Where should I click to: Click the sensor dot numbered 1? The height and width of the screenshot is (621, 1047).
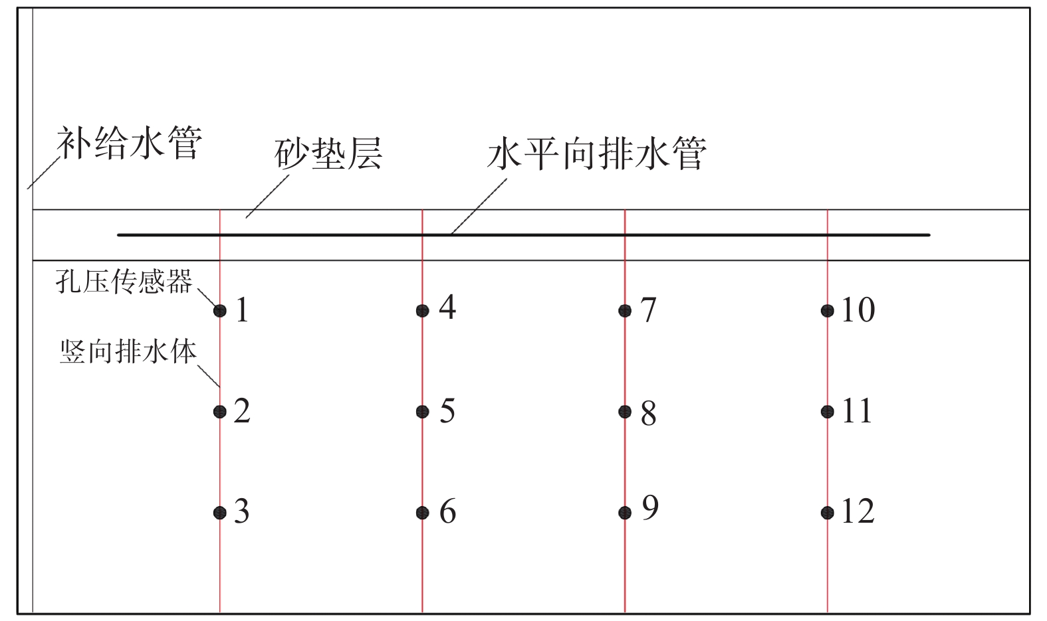(219, 311)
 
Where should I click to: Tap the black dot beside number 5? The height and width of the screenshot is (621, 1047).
(423, 412)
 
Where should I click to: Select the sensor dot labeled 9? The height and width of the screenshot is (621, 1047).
(625, 513)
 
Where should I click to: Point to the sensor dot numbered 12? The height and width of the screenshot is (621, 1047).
(828, 513)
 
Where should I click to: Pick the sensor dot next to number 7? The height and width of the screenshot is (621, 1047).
(625, 311)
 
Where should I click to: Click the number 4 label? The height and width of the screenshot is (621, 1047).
(447, 308)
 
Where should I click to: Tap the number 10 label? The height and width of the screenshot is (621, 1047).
(858, 310)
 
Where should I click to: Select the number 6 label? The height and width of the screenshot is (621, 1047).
(448, 511)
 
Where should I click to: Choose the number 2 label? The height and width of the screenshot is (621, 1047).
(242, 411)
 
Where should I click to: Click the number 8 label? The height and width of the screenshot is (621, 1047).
(648, 413)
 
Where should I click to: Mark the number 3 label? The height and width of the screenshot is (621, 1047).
(242, 511)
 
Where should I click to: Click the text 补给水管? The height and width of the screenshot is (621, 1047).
(130, 142)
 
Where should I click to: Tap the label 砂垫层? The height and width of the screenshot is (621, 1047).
(328, 153)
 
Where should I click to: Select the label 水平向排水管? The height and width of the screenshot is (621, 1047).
(597, 153)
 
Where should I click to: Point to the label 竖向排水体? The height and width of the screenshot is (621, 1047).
(128, 351)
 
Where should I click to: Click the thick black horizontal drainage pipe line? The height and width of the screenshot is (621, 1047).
(524, 235)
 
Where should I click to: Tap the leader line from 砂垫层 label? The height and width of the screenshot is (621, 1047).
(268, 197)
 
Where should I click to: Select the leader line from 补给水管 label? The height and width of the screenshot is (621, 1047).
(44, 173)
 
